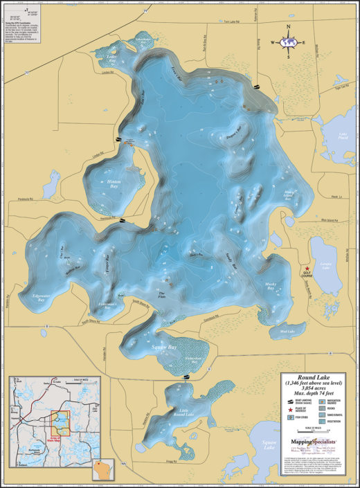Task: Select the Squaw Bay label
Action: [x=163, y=346]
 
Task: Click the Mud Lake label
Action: [x=267, y=332]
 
